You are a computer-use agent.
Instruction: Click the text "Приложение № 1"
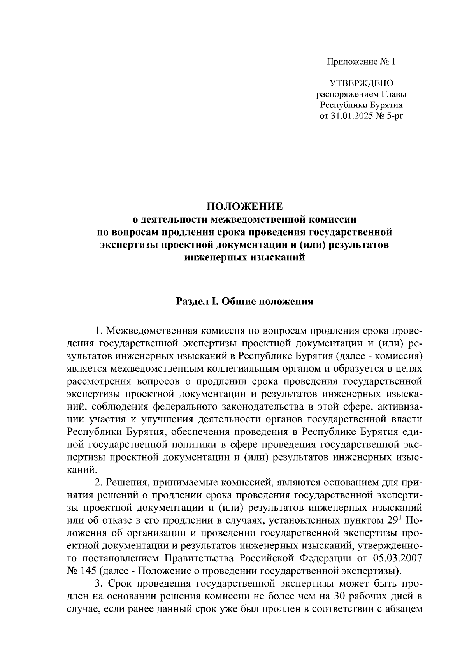click(360, 62)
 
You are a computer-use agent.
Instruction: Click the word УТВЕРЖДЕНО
click(362, 83)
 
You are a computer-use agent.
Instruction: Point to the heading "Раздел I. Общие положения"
click(244, 301)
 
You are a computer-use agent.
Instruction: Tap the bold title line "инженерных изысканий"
click(244, 257)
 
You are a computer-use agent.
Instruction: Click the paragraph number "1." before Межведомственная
click(99, 331)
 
